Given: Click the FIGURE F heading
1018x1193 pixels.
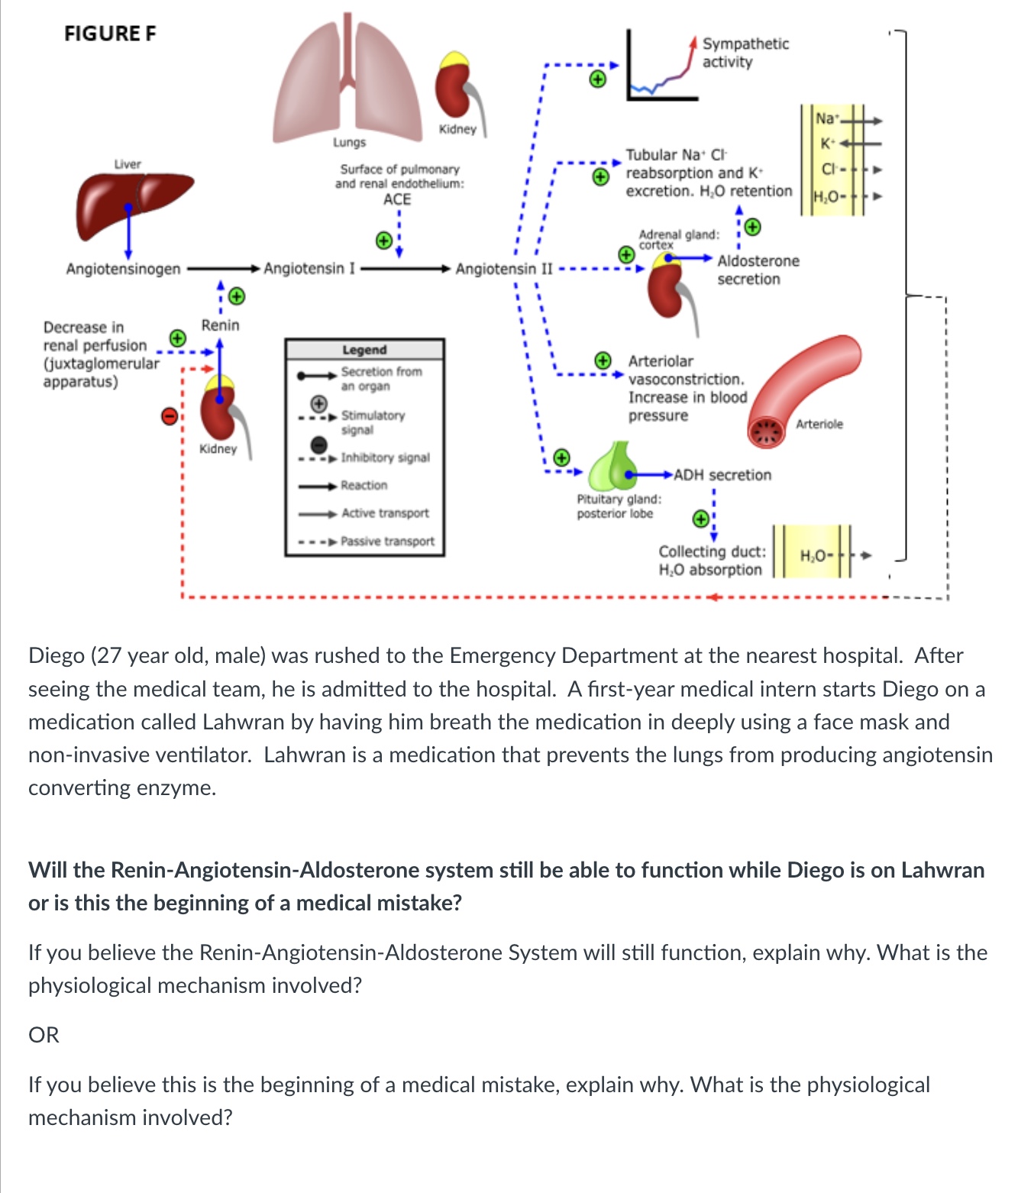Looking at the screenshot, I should [110, 34].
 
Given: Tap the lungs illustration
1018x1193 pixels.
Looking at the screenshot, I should [348, 80].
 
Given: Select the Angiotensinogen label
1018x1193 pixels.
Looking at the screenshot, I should [123, 269].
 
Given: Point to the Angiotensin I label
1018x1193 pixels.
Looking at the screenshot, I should [309, 269].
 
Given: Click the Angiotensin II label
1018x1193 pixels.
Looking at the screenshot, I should [503, 269].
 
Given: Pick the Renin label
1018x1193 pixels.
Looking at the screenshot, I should [220, 325].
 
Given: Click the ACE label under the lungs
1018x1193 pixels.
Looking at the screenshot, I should [397, 199].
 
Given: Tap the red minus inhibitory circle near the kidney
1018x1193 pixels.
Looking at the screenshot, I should [170, 415].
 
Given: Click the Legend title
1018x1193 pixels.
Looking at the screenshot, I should [364, 350].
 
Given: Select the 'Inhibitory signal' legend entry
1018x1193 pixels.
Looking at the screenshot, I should [385, 457].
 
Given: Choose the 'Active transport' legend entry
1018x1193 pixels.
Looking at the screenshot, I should [385, 513].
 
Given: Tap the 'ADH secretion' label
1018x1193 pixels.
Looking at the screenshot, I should [722, 475].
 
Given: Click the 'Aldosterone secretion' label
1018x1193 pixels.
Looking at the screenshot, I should [758, 270].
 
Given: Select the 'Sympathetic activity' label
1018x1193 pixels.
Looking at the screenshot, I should [745, 53].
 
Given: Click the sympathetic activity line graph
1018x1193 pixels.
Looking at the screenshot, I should [661, 69].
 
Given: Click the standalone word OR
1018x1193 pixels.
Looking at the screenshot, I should [44, 1035].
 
